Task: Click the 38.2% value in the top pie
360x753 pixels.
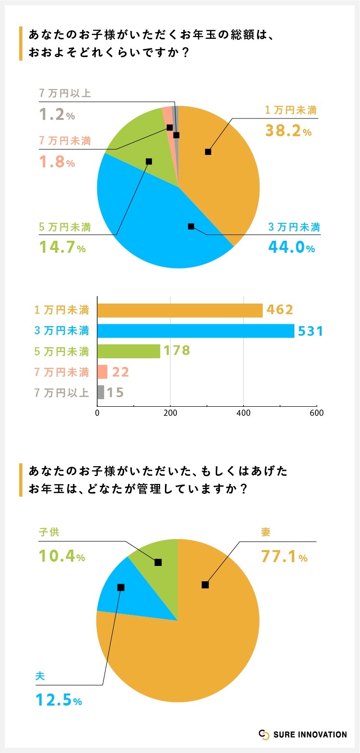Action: (288, 130)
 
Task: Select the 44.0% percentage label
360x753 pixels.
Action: (291, 247)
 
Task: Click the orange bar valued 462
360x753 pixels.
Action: (180, 310)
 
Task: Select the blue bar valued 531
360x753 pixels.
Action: (196, 331)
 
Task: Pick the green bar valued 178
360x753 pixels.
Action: (128, 351)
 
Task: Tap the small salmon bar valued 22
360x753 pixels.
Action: (103, 372)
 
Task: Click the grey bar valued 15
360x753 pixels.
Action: (101, 392)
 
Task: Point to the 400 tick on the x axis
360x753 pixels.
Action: (244, 413)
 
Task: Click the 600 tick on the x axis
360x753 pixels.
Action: (316, 413)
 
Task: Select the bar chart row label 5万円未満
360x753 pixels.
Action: (62, 352)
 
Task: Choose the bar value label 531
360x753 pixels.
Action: (311, 331)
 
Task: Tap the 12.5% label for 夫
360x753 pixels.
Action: (59, 700)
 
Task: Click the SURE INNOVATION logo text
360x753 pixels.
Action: (310, 734)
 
